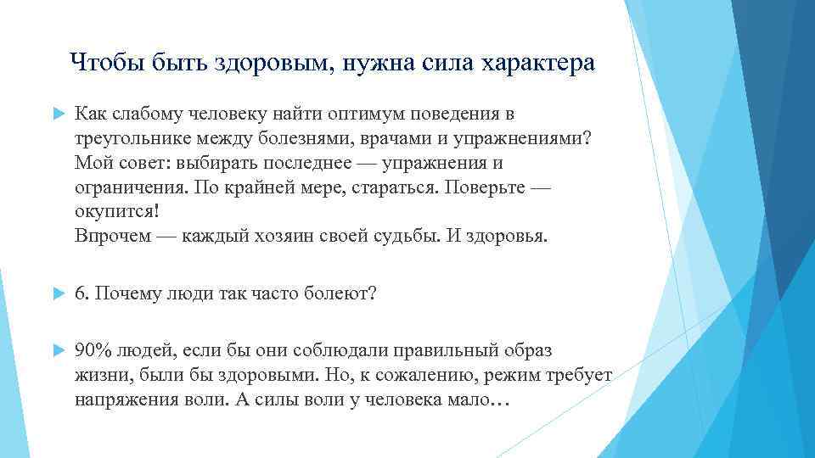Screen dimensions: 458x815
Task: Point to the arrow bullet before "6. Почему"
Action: click(57, 293)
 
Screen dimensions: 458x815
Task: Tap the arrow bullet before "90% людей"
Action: click(57, 351)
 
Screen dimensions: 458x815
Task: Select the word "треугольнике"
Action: click(131, 138)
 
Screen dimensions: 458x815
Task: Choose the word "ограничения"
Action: click(125, 187)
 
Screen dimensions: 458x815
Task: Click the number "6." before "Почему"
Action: click(82, 293)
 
